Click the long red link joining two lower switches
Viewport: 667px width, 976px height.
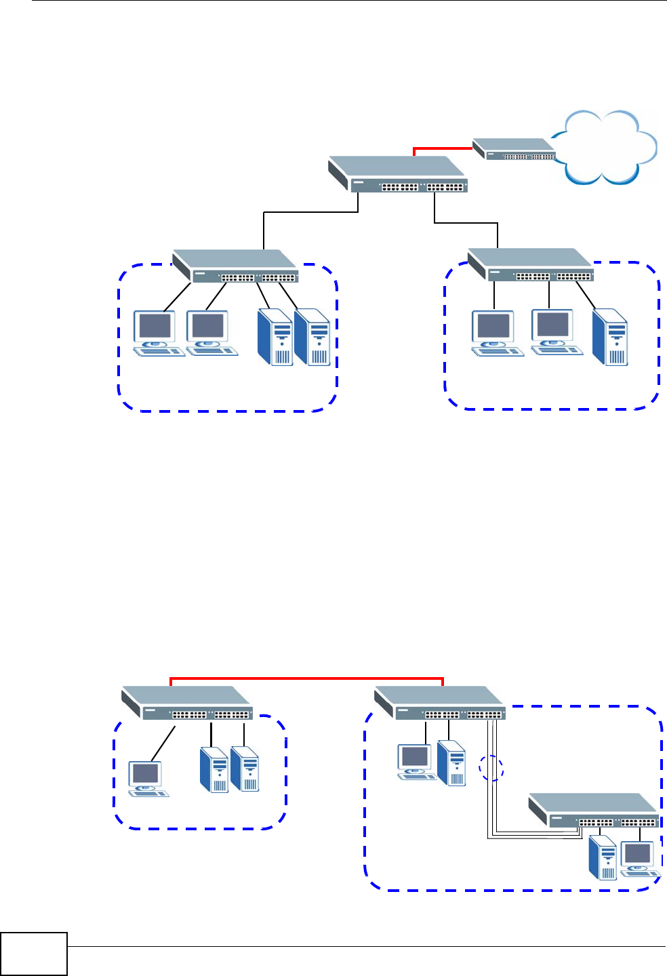306,678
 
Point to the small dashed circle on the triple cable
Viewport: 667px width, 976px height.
492,769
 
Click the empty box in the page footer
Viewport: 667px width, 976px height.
34,954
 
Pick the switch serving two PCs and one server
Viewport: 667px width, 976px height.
531,265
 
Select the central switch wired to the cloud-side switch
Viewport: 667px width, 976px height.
398,174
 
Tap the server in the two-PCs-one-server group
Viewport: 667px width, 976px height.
609,337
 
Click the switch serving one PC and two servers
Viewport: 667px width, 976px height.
187,703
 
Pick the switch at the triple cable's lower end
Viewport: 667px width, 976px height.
594,811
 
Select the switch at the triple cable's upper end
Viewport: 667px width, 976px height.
440,703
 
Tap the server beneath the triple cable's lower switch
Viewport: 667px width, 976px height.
603,857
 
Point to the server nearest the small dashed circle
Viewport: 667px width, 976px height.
452,762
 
